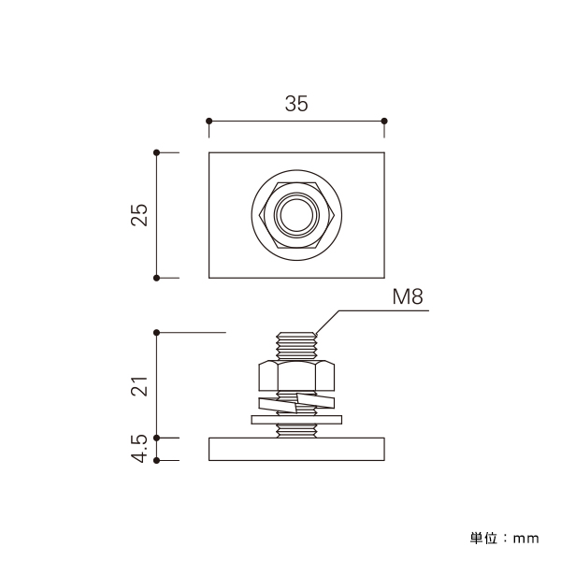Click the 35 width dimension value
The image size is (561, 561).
pos(296,104)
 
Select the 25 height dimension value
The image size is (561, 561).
pos(139,215)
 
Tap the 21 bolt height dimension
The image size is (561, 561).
pos(139,386)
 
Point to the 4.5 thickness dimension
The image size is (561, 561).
pos(139,449)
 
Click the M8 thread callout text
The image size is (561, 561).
pos(408,296)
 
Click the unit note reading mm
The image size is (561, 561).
pos(525,539)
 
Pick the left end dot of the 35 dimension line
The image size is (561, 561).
pos(209,121)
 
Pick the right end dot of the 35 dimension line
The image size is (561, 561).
pos(384,121)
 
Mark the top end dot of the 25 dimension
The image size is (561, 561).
pos(156,152)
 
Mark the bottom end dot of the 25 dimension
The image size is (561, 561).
pos(156,278)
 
